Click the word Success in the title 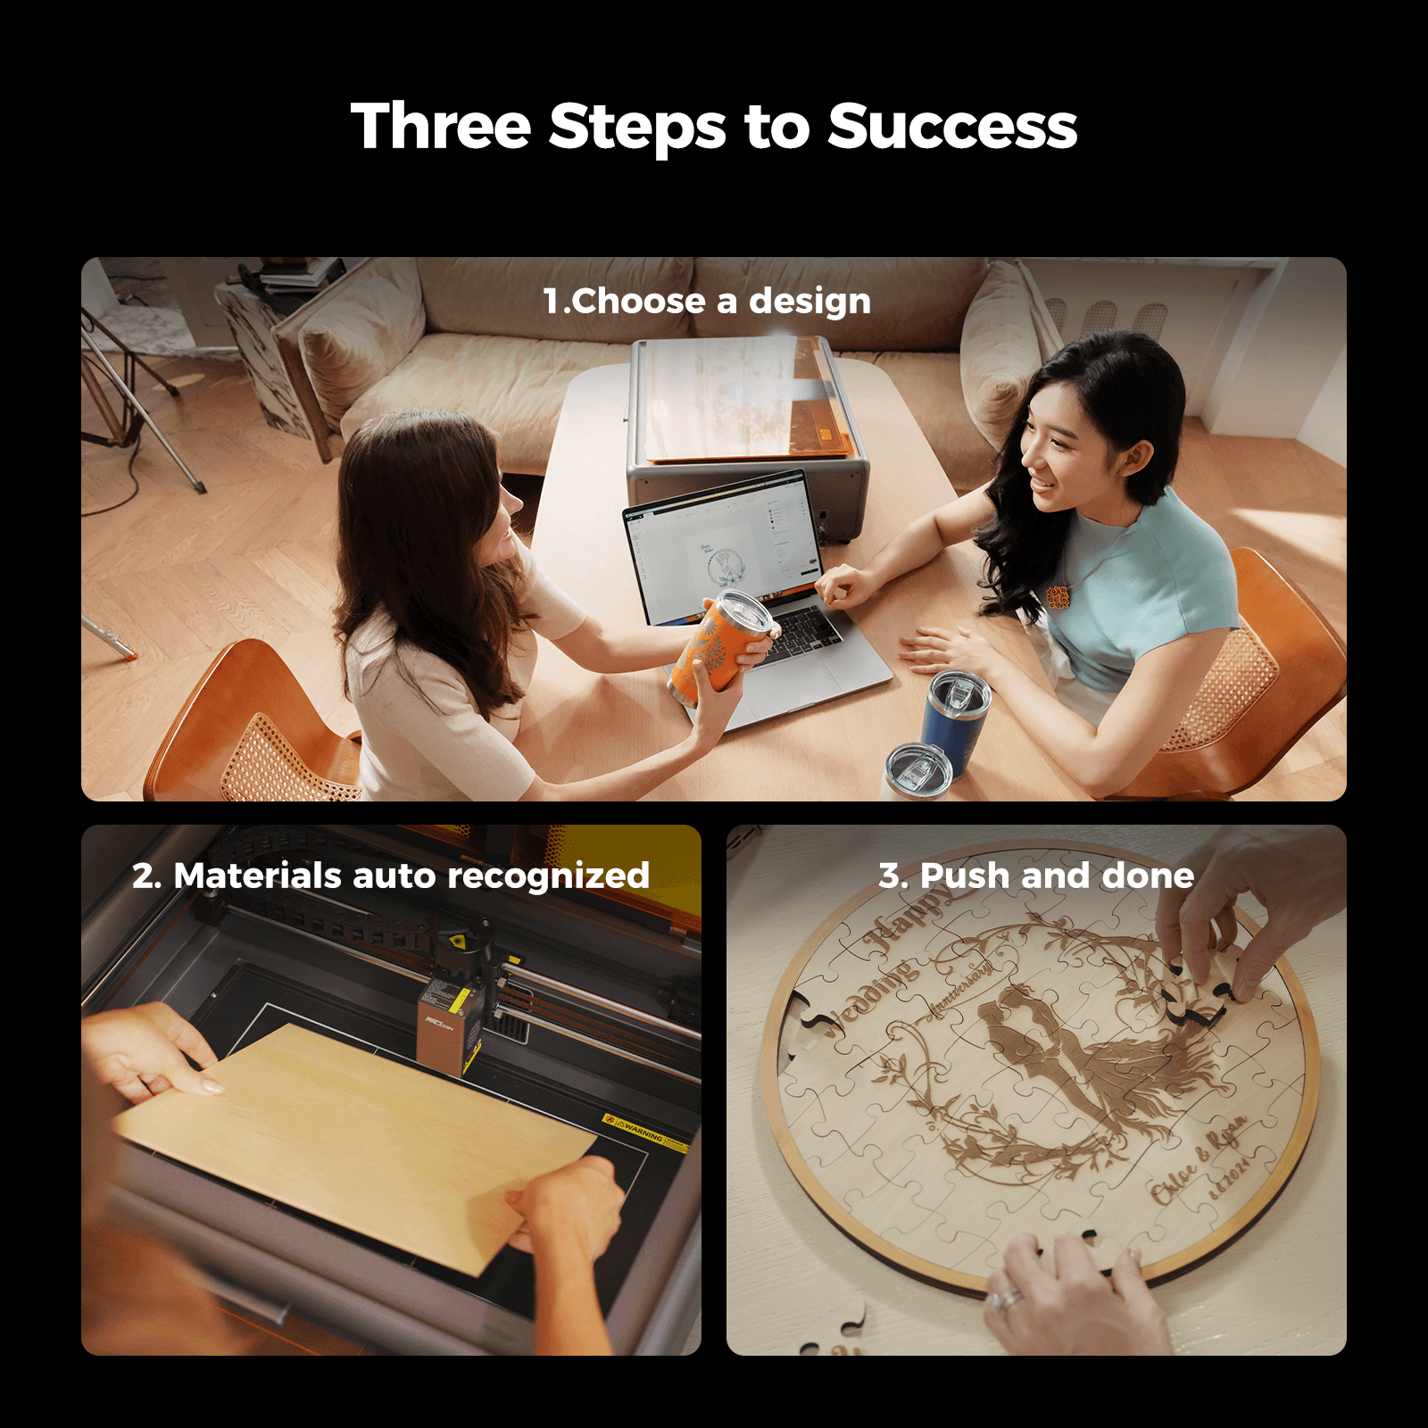pyautogui.click(x=952, y=127)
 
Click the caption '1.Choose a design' pyautogui.click(x=707, y=302)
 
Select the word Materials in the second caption pyautogui.click(x=258, y=876)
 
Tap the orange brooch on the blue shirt pyautogui.click(x=1058, y=596)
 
